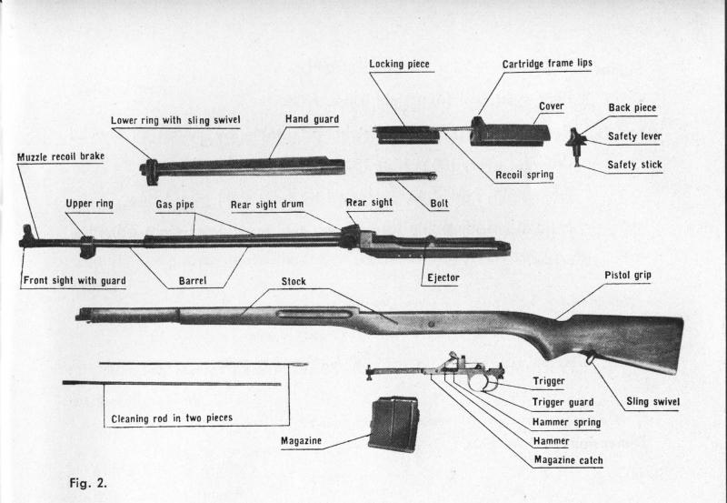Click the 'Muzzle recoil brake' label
tap(61, 157)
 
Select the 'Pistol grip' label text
tap(628, 275)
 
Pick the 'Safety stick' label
tap(635, 165)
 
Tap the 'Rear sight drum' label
tap(267, 205)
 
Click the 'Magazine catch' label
tap(569, 460)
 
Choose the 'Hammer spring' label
tap(566, 422)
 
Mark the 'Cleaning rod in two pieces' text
tap(172, 418)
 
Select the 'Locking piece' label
tap(399, 65)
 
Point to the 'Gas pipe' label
tap(174, 206)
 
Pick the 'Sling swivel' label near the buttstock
tap(653, 400)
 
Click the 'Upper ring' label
tap(89, 205)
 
